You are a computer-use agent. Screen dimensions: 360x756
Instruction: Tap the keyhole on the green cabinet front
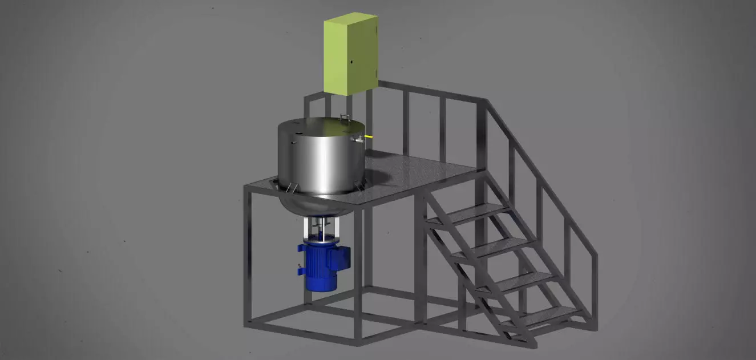point(352,61)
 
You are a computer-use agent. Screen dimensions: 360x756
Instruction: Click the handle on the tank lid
point(345,117)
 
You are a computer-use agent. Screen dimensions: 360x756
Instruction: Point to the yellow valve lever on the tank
point(369,137)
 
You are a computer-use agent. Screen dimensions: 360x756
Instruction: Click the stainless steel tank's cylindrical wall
point(320,160)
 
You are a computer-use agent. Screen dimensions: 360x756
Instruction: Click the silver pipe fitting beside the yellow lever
point(358,139)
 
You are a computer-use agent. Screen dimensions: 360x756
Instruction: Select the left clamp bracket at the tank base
point(290,187)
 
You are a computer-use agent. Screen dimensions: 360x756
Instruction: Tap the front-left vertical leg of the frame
point(248,257)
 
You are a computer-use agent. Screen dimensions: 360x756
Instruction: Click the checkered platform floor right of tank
point(422,171)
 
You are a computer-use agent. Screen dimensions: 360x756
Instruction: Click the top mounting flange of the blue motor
point(320,242)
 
